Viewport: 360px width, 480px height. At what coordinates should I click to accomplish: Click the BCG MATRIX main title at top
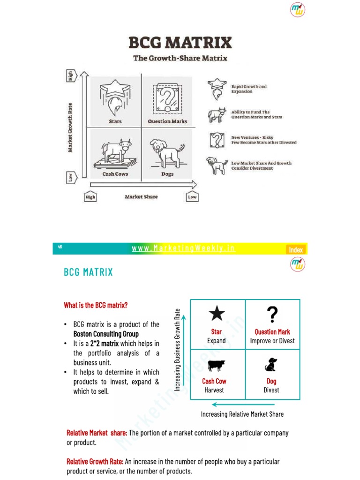[x=180, y=43]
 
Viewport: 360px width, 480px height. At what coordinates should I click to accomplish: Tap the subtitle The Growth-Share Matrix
[x=180, y=58]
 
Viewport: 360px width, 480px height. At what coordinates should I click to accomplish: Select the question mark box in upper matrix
[x=167, y=98]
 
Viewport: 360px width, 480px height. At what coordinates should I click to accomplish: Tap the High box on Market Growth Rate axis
[x=71, y=76]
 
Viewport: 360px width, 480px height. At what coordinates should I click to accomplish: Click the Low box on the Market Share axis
[x=192, y=197]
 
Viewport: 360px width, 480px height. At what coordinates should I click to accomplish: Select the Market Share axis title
[x=141, y=197]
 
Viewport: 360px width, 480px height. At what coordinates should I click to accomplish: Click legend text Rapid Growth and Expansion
[x=249, y=89]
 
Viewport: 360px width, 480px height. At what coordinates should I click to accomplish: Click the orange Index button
[x=296, y=249]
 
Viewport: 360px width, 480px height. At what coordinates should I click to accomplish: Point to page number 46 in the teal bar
[x=60, y=247]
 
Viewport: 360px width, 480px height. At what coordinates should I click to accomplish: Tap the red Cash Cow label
[x=214, y=381]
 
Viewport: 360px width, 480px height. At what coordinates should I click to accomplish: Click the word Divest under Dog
[x=271, y=390]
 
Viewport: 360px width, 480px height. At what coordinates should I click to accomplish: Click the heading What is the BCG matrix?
[x=96, y=305]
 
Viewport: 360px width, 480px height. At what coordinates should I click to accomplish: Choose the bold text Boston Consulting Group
[x=106, y=334]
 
